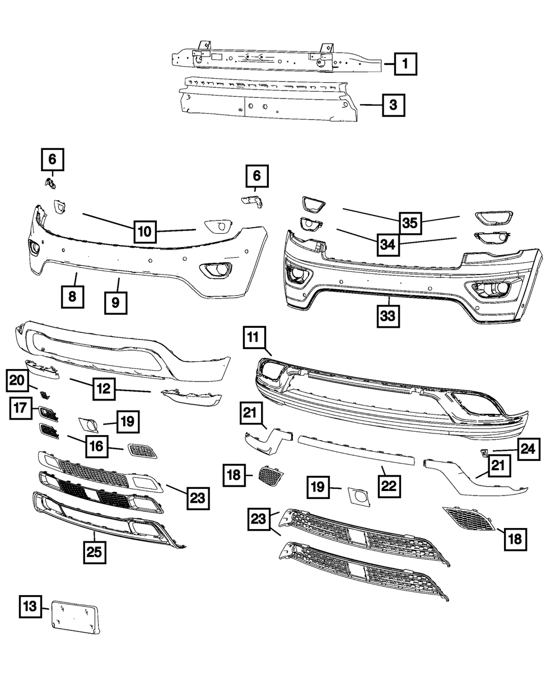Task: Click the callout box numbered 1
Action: (404, 64)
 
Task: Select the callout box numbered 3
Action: (394, 105)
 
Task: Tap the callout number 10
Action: (144, 230)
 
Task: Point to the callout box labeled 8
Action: (72, 296)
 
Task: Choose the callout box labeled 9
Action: (115, 302)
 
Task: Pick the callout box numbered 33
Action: (388, 315)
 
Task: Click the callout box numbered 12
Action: (104, 388)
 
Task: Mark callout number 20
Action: (17, 381)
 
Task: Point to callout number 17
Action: (21, 409)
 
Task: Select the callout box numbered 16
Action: (95, 446)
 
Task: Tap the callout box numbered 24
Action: (529, 449)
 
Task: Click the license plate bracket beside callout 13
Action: (75, 617)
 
